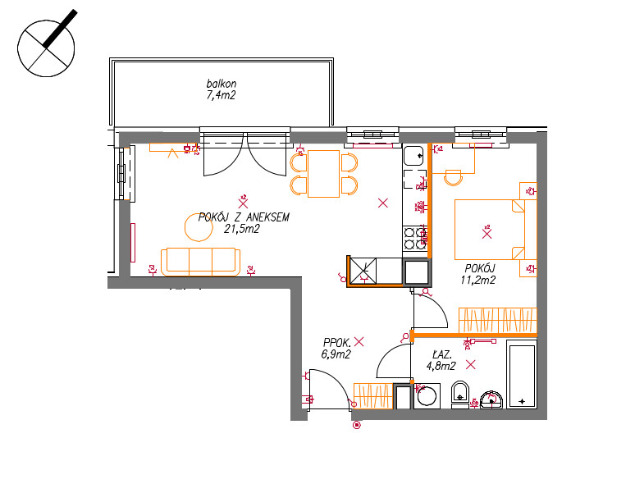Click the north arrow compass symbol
[46, 48]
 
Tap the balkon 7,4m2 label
[222, 89]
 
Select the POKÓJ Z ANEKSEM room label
[244, 217]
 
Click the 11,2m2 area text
[477, 280]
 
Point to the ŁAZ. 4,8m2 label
[441, 360]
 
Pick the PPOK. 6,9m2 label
[336, 349]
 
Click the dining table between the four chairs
[323, 174]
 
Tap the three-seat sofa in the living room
[200, 262]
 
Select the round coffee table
[199, 227]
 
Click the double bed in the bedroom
[490, 230]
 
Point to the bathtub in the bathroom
[522, 374]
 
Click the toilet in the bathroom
[459, 395]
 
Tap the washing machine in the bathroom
[427, 396]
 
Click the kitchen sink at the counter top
[413, 156]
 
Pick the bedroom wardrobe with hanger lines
[498, 320]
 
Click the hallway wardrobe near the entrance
[373, 395]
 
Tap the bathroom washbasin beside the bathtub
[491, 399]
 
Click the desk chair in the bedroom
[453, 178]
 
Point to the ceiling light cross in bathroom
[471, 365]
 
